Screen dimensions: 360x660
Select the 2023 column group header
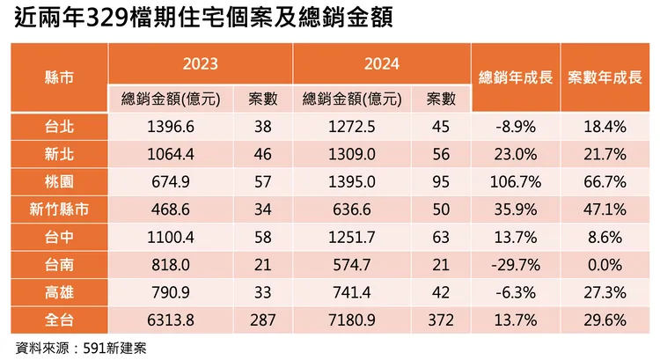[200, 64]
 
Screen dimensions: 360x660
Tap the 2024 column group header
[381, 64]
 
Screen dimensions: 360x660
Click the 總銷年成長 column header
[516, 77]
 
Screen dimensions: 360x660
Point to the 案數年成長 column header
[604, 77]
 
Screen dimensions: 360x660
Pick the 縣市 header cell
[58, 77]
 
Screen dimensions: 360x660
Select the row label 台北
[58, 126]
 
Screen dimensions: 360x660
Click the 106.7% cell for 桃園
[516, 181]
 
